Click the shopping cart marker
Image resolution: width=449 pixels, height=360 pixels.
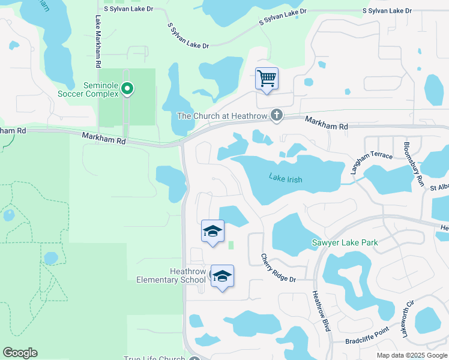pos(267,78)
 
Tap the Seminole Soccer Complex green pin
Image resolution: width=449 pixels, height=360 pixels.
pos(127,89)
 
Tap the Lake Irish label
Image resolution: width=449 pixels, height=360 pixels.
pos(285,179)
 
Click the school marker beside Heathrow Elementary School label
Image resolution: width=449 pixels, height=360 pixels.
pos(222,276)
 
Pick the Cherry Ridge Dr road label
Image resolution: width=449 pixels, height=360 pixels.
pos(279,268)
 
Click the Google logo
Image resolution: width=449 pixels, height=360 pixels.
pos(20,353)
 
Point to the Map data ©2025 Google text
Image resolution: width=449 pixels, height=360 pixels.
pos(411,355)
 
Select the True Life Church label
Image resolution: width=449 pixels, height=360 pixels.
pos(154,358)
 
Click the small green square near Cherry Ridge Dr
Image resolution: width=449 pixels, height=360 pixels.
pos(232,245)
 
